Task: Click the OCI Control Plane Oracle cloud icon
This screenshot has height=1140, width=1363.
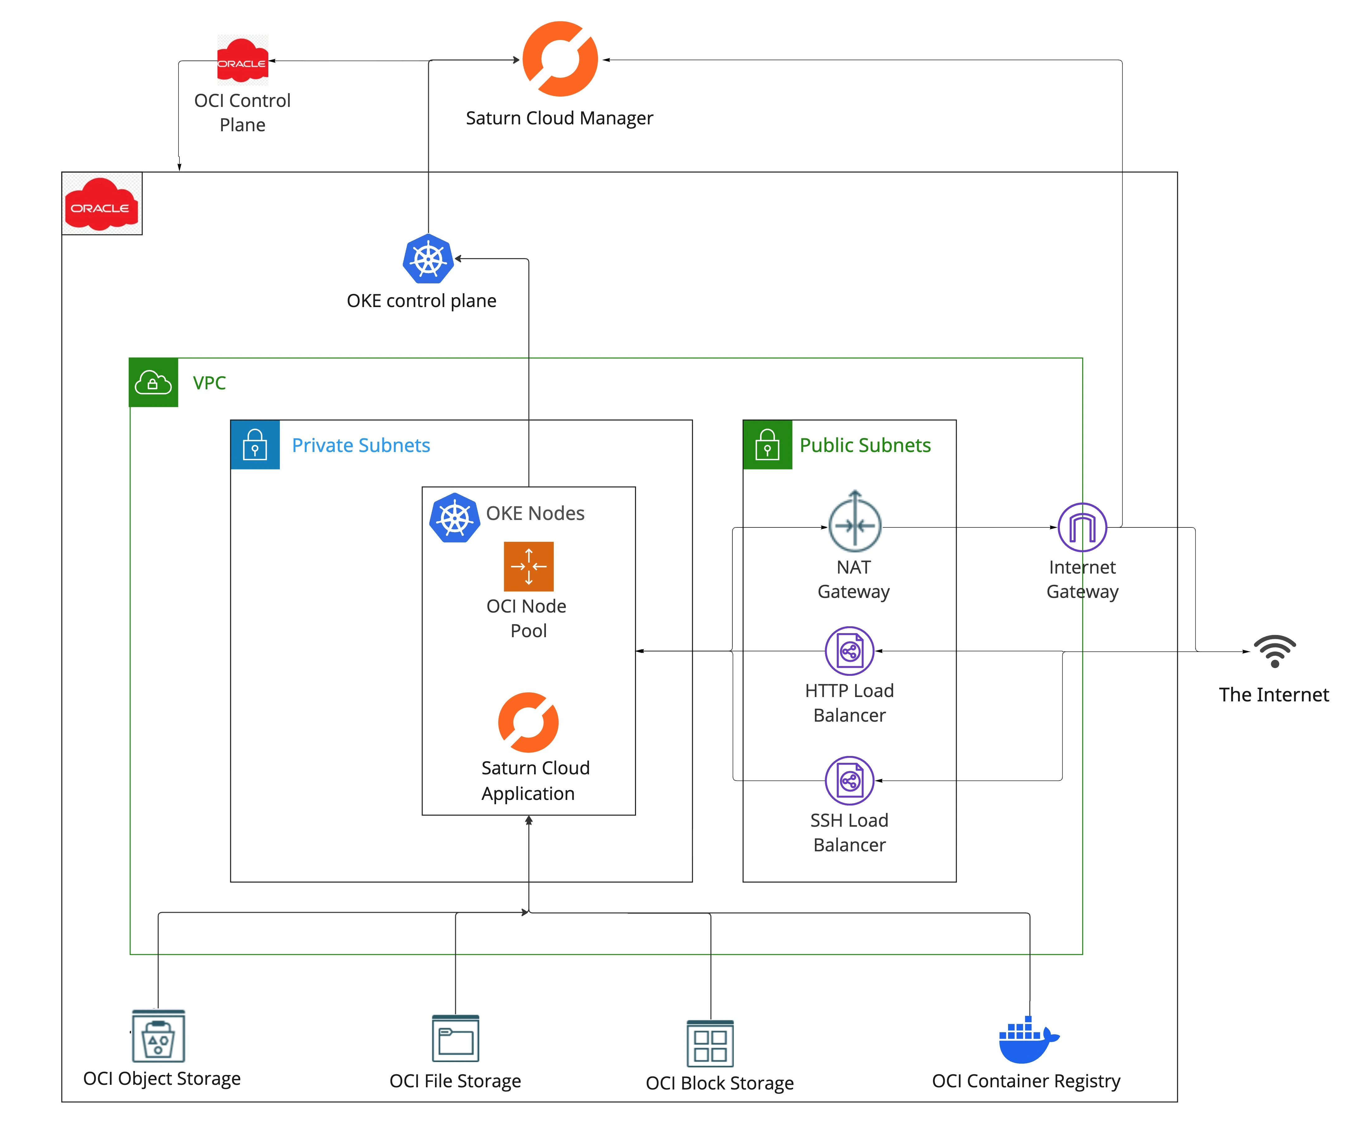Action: pos(242,60)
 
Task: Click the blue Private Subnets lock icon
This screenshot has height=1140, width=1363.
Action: pos(255,445)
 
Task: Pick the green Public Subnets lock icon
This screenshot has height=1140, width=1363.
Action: pos(767,445)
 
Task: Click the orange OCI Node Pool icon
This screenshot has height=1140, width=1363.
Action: pos(528,566)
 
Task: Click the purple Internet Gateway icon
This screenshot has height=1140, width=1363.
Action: pos(1082,527)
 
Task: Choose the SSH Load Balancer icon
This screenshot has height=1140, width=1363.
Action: pos(849,780)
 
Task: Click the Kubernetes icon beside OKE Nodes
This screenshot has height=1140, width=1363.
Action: pos(454,517)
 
